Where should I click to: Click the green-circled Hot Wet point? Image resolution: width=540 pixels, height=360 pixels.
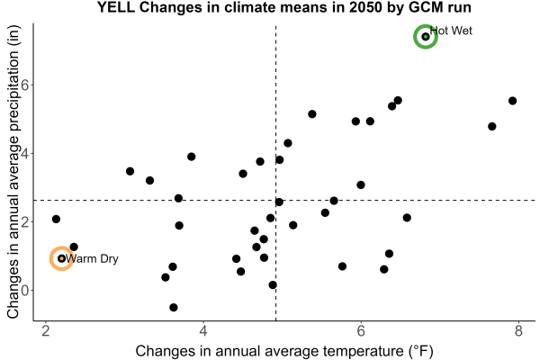426,37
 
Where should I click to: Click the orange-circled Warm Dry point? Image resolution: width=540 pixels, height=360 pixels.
61,258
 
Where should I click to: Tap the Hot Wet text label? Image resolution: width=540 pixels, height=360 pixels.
451,31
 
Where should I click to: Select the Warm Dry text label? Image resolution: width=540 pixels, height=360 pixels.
92,258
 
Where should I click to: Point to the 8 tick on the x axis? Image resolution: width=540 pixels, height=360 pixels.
518,331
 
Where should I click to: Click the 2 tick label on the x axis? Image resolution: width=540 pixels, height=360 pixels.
46,331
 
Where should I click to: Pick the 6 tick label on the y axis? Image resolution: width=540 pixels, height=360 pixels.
24,85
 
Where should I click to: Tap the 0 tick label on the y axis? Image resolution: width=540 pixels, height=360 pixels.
24,290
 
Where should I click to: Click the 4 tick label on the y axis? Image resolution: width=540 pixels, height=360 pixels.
24,153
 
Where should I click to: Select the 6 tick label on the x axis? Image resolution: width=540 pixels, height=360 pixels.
361,331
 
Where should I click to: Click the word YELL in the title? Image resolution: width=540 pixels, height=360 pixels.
116,7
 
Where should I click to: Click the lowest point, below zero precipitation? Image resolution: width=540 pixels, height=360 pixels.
174,307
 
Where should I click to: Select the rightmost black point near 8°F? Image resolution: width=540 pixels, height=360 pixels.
512,101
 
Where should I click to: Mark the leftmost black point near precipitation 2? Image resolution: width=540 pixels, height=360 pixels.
56,219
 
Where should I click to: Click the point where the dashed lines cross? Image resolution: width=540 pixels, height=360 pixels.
276,200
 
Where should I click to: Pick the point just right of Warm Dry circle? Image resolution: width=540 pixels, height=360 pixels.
74,247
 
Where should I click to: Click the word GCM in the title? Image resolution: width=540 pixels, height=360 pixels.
424,7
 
